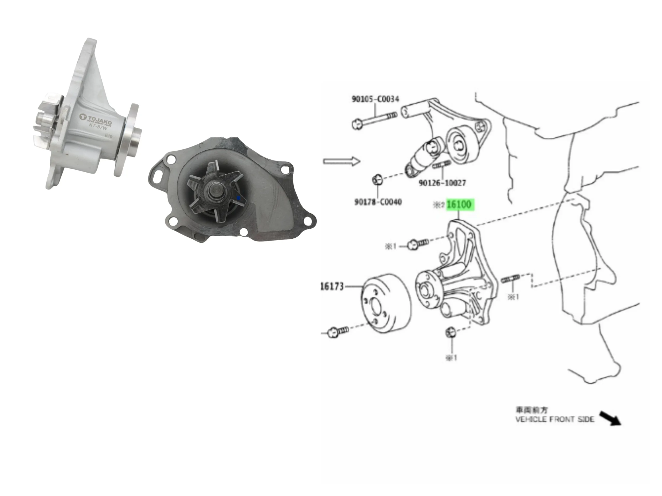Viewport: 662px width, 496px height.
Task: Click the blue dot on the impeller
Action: tap(238, 198)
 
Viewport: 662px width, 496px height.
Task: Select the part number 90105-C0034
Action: tap(375, 99)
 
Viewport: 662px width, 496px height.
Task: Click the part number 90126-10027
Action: tap(442, 183)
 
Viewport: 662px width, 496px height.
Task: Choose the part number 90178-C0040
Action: tap(378, 202)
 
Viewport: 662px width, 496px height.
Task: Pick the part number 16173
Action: tap(332, 286)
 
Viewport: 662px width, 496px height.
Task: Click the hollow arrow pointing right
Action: tap(342, 161)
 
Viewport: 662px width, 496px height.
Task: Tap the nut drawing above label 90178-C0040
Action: tap(377, 180)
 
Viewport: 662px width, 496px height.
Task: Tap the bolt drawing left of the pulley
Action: tap(338, 331)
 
